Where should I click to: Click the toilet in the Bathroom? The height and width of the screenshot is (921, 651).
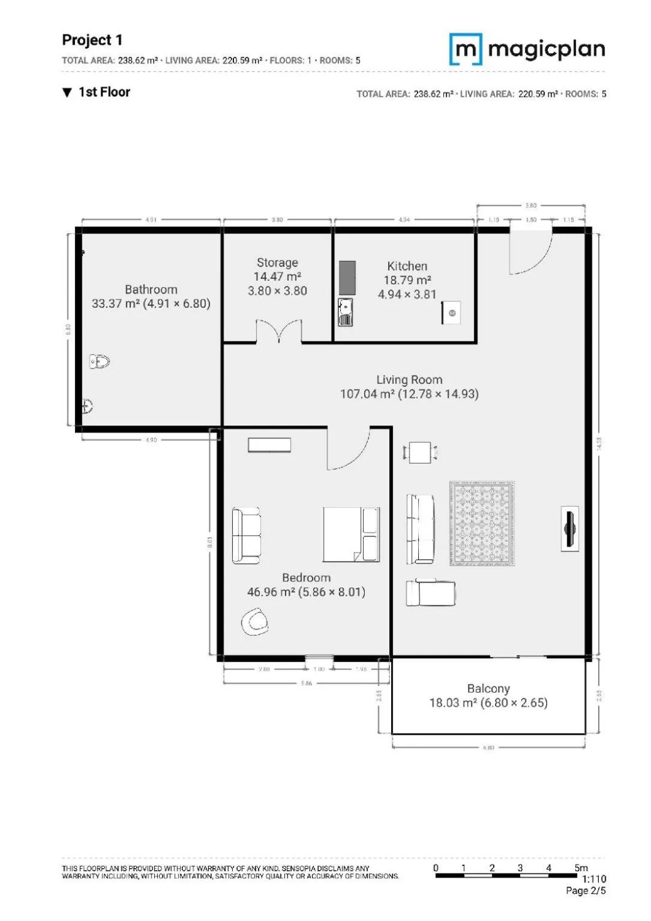click(100, 361)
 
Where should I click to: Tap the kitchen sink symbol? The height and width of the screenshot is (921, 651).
click(346, 312)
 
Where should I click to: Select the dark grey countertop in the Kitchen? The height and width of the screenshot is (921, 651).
click(347, 278)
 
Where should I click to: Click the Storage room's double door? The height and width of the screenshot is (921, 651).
click(279, 332)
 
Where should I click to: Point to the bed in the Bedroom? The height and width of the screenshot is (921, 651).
click(351, 534)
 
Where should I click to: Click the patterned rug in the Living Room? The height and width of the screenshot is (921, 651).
click(482, 523)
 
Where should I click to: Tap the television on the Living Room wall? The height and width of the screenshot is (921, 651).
click(569, 528)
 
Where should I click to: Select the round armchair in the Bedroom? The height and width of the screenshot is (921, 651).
click(255, 622)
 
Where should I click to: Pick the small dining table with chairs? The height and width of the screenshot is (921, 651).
click(420, 452)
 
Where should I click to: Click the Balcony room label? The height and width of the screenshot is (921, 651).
click(488, 689)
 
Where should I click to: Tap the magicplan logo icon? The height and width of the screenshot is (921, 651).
click(466, 49)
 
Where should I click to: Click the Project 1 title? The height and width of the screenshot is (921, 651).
click(92, 40)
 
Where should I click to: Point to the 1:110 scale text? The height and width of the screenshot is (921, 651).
click(593, 879)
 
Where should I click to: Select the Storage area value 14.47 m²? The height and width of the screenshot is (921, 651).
click(277, 277)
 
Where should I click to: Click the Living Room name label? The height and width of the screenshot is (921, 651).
click(409, 380)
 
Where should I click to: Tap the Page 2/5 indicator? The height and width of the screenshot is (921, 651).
click(586, 891)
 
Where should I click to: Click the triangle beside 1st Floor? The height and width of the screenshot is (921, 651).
click(67, 92)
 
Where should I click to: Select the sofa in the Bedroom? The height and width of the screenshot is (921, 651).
click(247, 535)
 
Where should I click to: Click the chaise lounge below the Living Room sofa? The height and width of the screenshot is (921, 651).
click(430, 593)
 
